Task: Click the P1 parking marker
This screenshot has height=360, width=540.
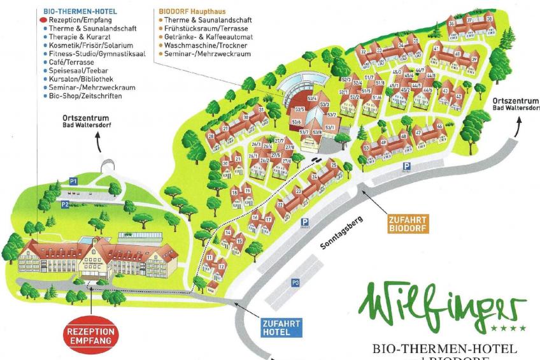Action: click(x=73, y=182)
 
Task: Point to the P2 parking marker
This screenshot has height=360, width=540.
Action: click(x=65, y=205)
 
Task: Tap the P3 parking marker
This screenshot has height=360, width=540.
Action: click(x=295, y=282)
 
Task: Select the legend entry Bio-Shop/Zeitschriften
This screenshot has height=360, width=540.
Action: click(x=85, y=96)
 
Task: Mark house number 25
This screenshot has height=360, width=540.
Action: click(x=333, y=165)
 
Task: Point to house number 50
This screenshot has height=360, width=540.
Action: click(x=366, y=148)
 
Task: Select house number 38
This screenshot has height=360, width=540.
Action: click(x=489, y=18)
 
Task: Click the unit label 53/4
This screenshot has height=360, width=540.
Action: click(x=312, y=98)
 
